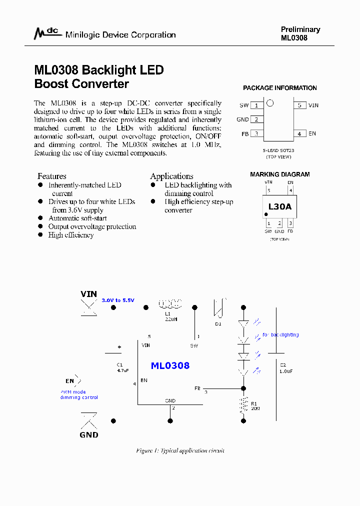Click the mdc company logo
[x=46, y=33]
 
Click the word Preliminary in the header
[x=300, y=29]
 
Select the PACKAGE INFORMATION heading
[x=279, y=88]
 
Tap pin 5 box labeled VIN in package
[x=299, y=105]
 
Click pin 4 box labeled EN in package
[x=299, y=134]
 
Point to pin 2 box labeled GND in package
[x=256, y=119]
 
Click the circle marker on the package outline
[x=270, y=103]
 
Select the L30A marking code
[x=279, y=206]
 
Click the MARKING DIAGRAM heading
[x=279, y=174]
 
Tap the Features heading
[x=51, y=176]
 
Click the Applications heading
[x=171, y=176]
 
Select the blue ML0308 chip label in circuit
[x=170, y=365]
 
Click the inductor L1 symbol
[x=170, y=303]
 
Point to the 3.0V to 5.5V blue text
[x=118, y=300]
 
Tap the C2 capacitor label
[x=283, y=365]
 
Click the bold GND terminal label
[x=89, y=434]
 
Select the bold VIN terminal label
[x=89, y=294]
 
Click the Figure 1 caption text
[x=180, y=450]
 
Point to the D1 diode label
[x=218, y=324]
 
